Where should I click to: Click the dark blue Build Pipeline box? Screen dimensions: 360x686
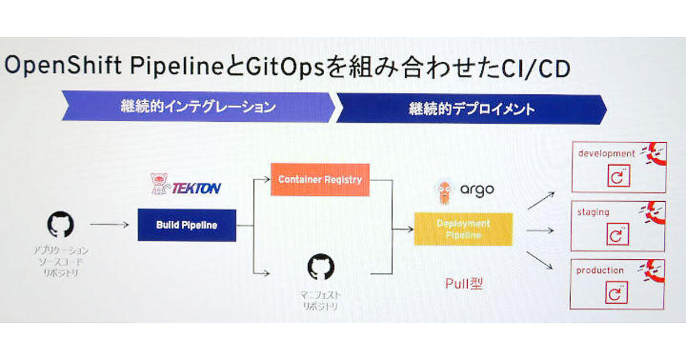[x=186, y=225]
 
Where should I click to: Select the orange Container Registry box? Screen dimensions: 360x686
[x=320, y=179]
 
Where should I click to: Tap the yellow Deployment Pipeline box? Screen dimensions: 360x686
[x=463, y=229]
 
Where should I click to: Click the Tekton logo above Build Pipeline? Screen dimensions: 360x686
[x=186, y=185]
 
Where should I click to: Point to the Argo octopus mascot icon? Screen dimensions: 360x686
[x=445, y=193]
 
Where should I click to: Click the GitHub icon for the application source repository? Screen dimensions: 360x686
[x=60, y=225]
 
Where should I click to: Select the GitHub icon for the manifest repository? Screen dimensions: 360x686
[x=321, y=267]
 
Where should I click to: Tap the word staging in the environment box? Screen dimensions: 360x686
[x=593, y=212]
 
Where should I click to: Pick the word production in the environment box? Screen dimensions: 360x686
[x=600, y=270]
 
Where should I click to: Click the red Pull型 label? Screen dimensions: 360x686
[x=464, y=283]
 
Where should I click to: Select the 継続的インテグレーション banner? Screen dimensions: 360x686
[x=198, y=107]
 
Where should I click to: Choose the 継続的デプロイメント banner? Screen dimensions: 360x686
[x=471, y=109]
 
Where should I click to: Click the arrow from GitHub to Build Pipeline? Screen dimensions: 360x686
[x=109, y=225]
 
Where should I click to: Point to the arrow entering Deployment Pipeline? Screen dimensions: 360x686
[x=402, y=229]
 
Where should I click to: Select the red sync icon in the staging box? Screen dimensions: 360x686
[x=617, y=235]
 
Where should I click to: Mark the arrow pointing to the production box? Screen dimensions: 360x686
[x=540, y=261]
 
